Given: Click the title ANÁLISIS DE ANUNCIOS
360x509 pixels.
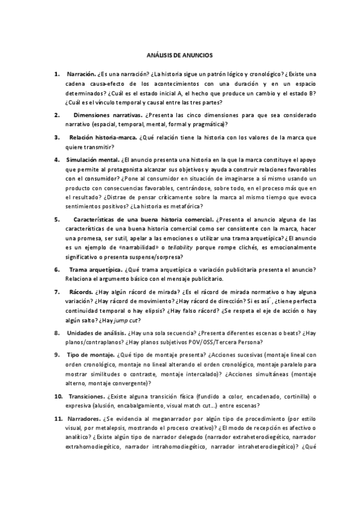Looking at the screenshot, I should click(x=180, y=55).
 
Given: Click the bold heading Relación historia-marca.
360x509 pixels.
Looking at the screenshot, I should click(x=103, y=137).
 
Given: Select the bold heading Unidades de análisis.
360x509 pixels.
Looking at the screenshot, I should click(x=96, y=333).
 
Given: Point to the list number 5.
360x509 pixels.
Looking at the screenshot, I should click(x=56, y=219).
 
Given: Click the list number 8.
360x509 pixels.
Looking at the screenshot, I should click(x=56, y=333).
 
